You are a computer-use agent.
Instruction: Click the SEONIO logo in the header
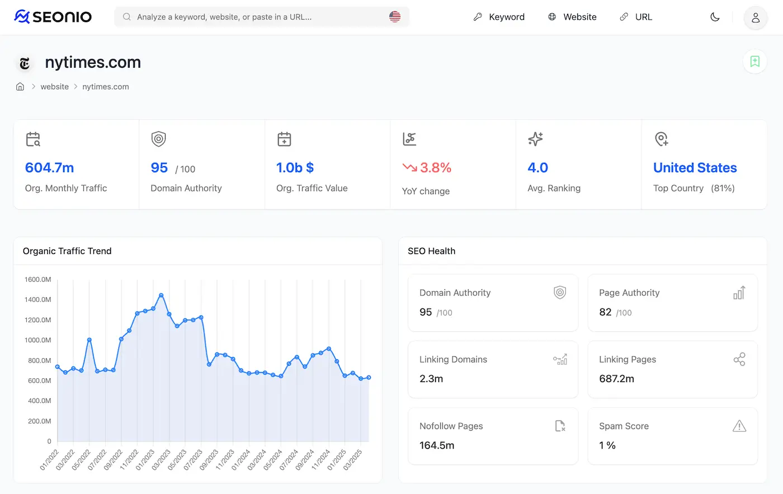click(53, 17)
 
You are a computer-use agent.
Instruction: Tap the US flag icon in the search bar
click(395, 17)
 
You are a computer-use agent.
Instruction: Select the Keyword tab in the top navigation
click(499, 17)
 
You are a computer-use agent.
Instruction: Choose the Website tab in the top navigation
click(572, 17)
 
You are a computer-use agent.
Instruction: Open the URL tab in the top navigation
click(636, 17)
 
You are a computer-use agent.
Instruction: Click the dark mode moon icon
click(715, 17)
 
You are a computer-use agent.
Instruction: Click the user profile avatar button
click(755, 18)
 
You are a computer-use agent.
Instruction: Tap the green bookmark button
click(754, 62)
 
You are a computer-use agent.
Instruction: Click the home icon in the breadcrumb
click(20, 87)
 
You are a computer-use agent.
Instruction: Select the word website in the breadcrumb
click(55, 87)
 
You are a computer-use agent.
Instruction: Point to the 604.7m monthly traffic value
click(50, 168)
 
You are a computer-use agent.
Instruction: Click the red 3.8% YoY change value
click(435, 168)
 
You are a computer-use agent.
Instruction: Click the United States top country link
click(695, 168)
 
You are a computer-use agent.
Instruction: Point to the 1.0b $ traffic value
click(295, 168)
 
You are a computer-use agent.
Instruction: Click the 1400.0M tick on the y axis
click(38, 300)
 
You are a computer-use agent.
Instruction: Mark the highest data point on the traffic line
click(161, 295)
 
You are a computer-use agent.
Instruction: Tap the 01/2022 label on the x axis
click(49, 460)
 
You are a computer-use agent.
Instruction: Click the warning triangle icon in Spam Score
click(739, 426)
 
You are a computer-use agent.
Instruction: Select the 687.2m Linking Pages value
click(616, 379)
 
